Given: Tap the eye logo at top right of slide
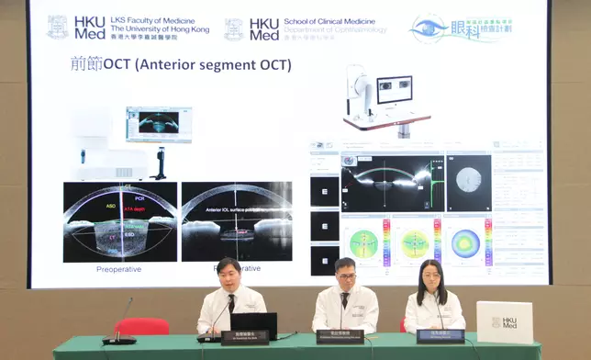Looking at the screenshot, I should pos(430,28).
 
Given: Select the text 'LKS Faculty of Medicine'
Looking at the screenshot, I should pos(157,19).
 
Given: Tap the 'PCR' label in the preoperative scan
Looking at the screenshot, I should pos(139,197).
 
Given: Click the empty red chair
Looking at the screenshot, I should pos(141,326).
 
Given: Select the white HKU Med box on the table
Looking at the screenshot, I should pos(504,322).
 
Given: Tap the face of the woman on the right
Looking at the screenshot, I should pos(432,273).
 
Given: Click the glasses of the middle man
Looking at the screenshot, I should pos(344,274).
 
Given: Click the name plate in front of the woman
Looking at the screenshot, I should pos(440,336).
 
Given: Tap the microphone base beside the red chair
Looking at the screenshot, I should pos(119,340).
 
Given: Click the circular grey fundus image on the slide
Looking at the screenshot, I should pos(467,179).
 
